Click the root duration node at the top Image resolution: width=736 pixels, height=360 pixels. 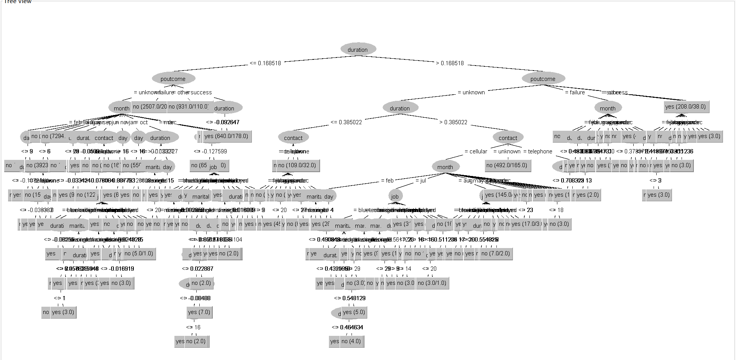point(358,49)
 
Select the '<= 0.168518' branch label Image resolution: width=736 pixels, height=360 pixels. point(265,63)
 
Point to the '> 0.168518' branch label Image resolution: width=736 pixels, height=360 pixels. point(450,63)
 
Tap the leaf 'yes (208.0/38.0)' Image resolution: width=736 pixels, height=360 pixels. point(685,107)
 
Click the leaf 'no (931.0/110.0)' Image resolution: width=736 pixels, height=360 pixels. point(189,107)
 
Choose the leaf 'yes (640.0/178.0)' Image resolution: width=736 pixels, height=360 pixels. point(226,136)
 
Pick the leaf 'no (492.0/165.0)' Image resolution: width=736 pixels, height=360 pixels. point(507,165)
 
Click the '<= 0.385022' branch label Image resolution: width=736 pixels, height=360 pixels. point(346,122)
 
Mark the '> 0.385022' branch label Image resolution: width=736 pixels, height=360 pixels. point(453,122)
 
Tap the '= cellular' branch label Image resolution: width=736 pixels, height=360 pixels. point(476,151)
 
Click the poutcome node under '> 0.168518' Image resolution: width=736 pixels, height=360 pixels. point(543,79)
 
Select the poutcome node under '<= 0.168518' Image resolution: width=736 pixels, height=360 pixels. point(173,79)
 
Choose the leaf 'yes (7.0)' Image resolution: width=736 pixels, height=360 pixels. point(199,312)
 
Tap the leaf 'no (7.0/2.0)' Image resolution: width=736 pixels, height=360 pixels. point(496,253)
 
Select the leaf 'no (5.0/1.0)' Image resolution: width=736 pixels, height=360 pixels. point(139,253)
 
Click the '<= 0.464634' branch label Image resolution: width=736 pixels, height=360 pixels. point(347,327)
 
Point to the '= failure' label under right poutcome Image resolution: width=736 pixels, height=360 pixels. point(575,92)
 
